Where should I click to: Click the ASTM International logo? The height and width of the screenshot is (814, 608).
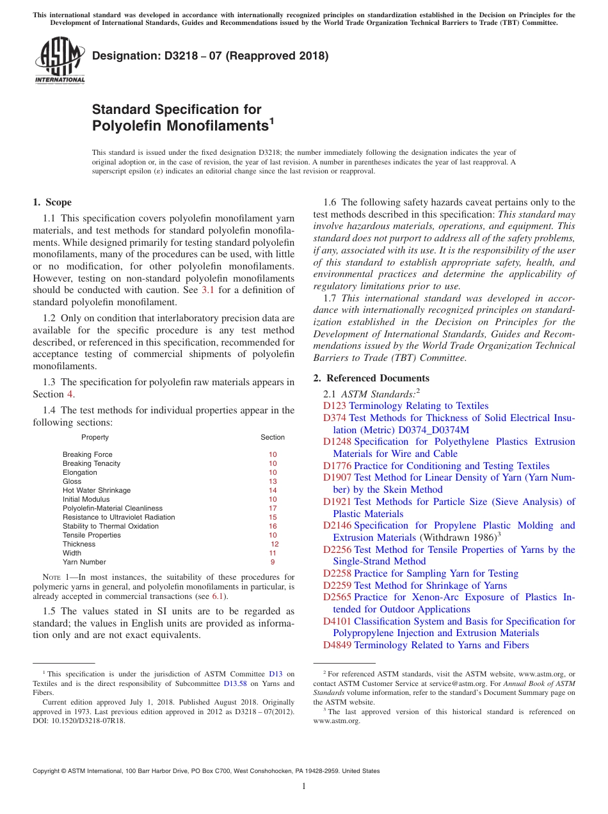[x=59, y=61]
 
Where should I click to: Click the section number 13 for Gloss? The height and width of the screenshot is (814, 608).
[x=273, y=481]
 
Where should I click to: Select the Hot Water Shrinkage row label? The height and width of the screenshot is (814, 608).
[x=97, y=490]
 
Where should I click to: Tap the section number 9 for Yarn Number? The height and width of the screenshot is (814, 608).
[x=273, y=562]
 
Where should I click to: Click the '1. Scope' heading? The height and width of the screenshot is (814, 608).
[x=52, y=202]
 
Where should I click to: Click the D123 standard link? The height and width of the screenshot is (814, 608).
[x=335, y=406]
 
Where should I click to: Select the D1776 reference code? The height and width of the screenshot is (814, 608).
[x=337, y=466]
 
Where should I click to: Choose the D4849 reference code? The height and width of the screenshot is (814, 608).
[x=337, y=645]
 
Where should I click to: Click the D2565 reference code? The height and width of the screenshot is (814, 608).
[x=337, y=597]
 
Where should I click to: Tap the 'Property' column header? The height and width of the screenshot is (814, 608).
[x=95, y=437]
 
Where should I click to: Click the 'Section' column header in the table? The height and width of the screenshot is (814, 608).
[x=273, y=437]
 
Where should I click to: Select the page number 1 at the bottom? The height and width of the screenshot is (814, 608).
[x=304, y=786]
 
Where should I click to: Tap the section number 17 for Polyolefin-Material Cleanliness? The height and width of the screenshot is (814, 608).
[x=273, y=508]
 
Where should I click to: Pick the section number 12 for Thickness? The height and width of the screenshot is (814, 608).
[x=275, y=544]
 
